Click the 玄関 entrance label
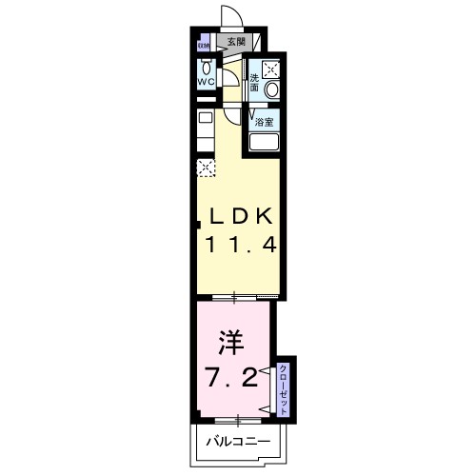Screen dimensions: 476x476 click(235, 41)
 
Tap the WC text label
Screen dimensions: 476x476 click(207, 82)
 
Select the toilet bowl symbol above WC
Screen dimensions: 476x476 click(206, 67)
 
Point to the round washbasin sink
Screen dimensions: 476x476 click(271, 89)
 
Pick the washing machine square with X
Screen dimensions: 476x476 click(271, 68)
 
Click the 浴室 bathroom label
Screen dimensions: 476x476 click(266, 122)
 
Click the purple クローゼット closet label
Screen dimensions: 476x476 click(284, 387)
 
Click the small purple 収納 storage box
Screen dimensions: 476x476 click(203, 44)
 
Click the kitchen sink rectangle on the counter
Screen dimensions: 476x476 click(205, 119)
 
